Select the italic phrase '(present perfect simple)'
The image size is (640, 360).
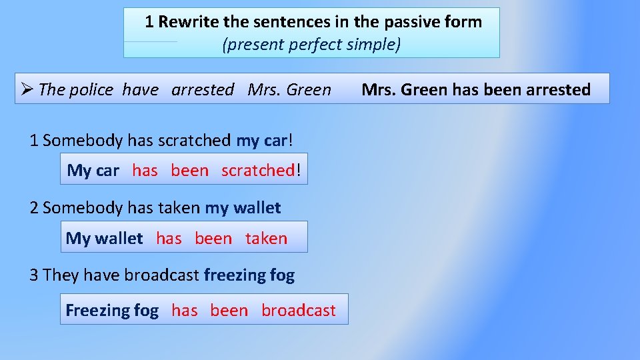pyautogui.click(x=311, y=45)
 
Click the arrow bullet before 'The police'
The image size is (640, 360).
pyautogui.click(x=27, y=89)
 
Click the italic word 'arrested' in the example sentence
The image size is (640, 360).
pyautogui.click(x=203, y=90)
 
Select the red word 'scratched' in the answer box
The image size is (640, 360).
pyautogui.click(x=257, y=171)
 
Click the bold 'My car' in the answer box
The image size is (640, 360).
pyautogui.click(x=93, y=171)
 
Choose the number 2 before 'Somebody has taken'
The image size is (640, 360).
pyautogui.click(x=34, y=208)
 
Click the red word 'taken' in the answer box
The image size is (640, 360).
pyautogui.click(x=266, y=239)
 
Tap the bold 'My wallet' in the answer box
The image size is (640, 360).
pyautogui.click(x=104, y=239)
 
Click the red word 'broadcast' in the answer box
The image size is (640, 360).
pyautogui.click(x=299, y=311)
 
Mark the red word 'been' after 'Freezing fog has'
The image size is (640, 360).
pyautogui.click(x=229, y=311)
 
